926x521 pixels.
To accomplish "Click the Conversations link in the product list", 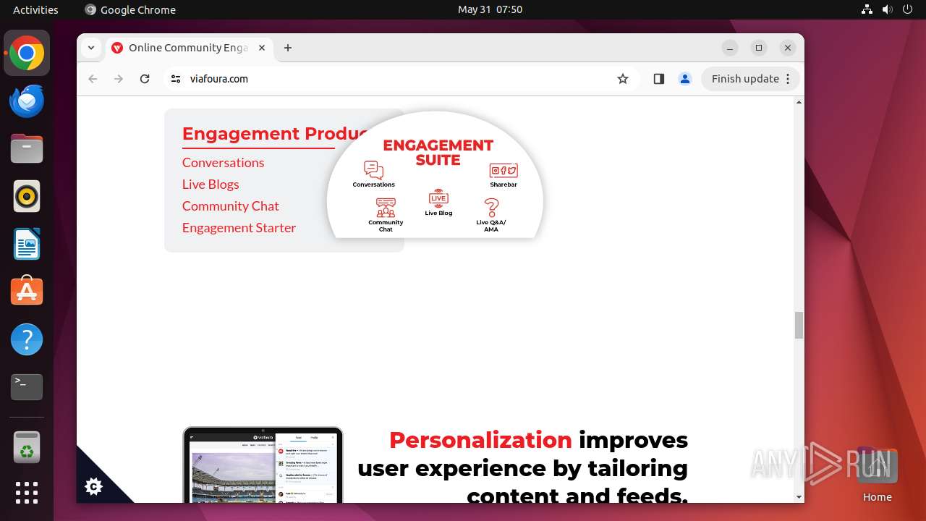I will coord(223,163).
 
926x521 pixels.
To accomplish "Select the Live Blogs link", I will coord(211,185).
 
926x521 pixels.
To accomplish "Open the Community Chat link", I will coord(230,206).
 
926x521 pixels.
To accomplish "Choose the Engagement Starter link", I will coord(239,228).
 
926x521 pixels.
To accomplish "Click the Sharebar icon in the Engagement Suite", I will coord(504,171).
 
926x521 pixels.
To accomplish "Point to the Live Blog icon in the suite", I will coord(438,198).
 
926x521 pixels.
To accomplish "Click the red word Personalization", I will coord(480,440).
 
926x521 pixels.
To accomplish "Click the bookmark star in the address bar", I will coord(623,79).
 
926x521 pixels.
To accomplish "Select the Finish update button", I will coord(745,79).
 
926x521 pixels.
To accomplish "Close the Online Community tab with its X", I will coord(262,48).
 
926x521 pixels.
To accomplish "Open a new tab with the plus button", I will coord(288,48).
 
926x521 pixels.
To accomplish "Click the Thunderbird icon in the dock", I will coord(27,101).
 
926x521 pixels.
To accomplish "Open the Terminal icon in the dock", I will coord(27,387).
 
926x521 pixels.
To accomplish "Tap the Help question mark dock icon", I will coord(27,339).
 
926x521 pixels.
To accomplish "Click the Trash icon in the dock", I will coord(27,448).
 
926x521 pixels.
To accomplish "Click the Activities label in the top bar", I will coord(35,9).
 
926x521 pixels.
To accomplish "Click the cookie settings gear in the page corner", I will coord(93,486).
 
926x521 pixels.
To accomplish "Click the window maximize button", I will coord(759,48).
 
